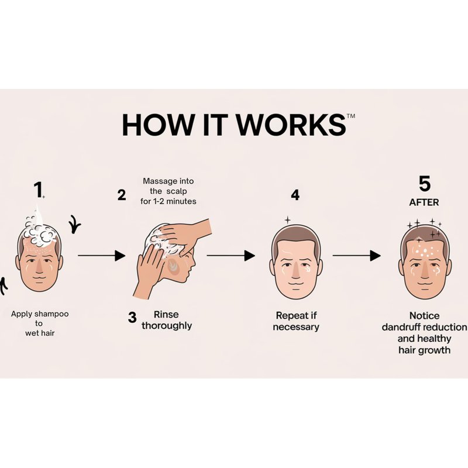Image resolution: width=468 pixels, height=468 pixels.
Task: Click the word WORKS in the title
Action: click(x=291, y=125)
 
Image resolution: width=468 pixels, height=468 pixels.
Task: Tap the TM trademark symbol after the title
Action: click(x=351, y=116)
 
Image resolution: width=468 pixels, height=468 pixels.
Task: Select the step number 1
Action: click(x=38, y=190)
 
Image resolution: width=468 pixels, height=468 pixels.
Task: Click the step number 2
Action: click(x=122, y=195)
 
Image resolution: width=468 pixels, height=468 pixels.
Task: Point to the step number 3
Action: click(x=132, y=317)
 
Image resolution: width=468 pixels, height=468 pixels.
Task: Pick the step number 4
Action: click(x=295, y=195)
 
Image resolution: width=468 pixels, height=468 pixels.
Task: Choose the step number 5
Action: click(x=425, y=184)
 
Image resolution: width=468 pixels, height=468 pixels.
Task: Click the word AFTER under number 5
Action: click(x=424, y=202)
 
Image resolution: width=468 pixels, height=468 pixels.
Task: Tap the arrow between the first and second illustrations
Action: click(x=101, y=256)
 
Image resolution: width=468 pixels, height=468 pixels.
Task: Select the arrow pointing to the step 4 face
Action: click(x=230, y=256)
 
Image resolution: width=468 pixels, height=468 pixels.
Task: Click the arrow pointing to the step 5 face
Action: click(x=357, y=256)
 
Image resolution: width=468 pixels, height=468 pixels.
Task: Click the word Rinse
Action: click(x=166, y=314)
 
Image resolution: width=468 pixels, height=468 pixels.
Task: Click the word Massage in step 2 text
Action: click(x=157, y=181)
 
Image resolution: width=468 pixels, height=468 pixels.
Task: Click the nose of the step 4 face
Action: click(x=295, y=270)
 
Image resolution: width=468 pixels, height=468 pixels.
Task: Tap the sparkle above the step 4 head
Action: click(x=287, y=221)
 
